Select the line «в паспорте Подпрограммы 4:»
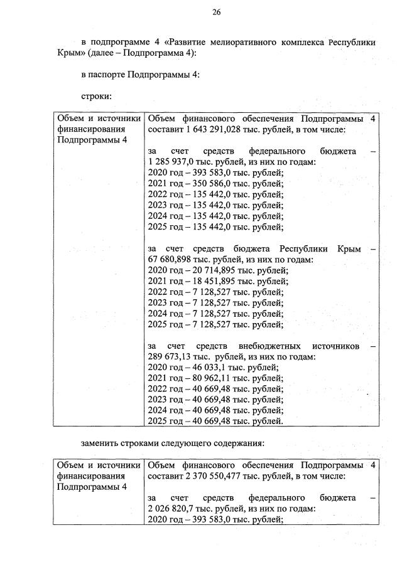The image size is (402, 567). coord(141,75)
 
